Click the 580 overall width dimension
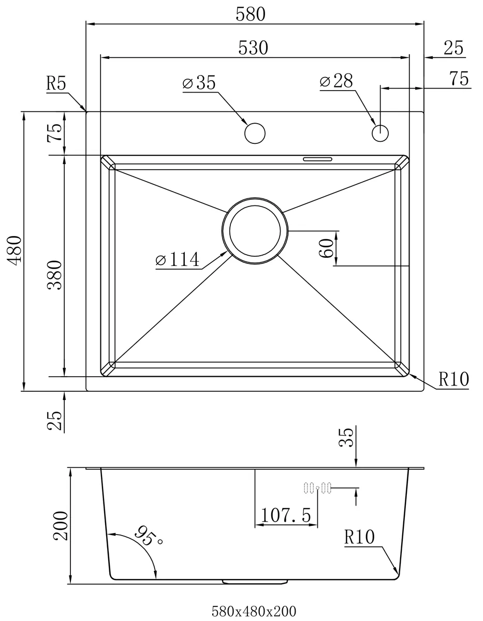point(251,14)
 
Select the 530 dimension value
point(253,48)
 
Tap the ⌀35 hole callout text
point(199,83)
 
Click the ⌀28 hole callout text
point(336,81)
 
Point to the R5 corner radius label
point(56,83)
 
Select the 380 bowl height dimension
point(54,275)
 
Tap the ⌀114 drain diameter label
point(178,259)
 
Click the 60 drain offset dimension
point(327,248)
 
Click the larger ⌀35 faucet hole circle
point(255,133)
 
